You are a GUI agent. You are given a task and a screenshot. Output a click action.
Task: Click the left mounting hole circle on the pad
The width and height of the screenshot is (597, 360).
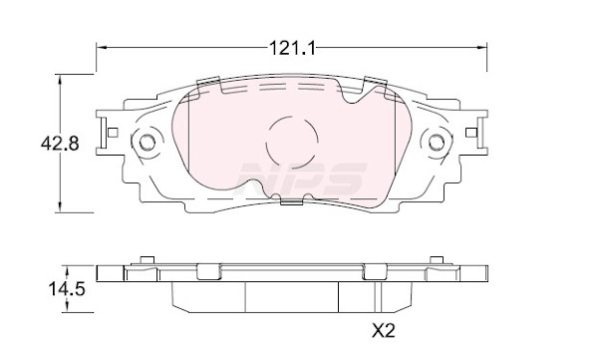click(x=148, y=142)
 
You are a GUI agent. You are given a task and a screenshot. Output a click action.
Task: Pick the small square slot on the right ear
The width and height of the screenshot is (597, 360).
click(x=470, y=133)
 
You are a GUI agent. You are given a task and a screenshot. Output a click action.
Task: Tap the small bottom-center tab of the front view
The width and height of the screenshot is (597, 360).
click(x=291, y=202)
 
